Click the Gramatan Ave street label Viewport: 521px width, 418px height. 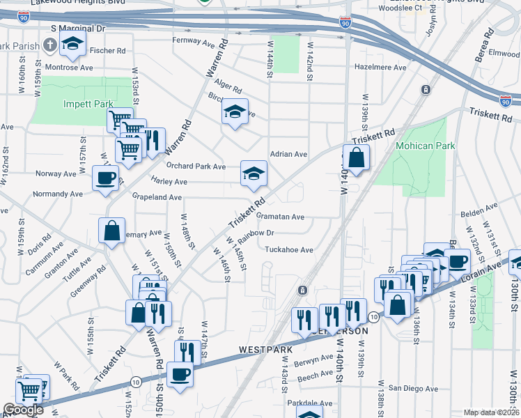[283, 217]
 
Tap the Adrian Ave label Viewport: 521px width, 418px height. [288, 154]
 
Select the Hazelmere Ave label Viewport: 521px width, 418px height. [380, 68]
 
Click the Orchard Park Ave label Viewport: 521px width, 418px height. [196, 167]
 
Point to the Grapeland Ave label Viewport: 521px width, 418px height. [157, 198]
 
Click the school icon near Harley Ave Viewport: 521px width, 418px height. [254, 173]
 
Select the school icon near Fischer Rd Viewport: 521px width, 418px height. [72, 43]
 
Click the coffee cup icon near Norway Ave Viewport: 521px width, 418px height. [105, 178]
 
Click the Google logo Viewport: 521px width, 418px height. [23, 410]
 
